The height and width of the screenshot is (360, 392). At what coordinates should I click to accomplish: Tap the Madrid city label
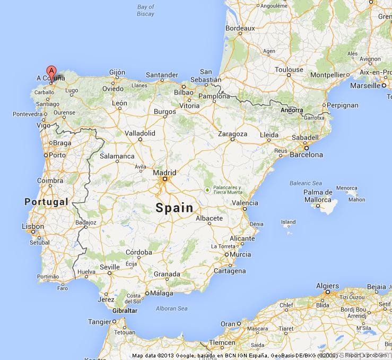(x=164, y=173)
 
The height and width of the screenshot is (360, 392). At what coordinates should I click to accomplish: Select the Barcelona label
(x=306, y=155)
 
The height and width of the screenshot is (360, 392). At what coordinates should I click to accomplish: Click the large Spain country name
(x=175, y=208)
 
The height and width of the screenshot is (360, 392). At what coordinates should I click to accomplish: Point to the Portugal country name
(x=47, y=202)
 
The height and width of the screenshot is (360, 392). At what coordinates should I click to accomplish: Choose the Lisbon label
(x=33, y=226)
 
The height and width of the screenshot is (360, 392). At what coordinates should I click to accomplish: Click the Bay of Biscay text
(x=145, y=11)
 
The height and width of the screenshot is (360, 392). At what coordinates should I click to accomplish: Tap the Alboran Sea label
(x=171, y=308)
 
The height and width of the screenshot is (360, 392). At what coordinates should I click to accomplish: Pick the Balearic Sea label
(x=306, y=183)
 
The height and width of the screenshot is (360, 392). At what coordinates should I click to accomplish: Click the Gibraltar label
(x=125, y=311)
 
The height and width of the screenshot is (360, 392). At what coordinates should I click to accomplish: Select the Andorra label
(x=292, y=110)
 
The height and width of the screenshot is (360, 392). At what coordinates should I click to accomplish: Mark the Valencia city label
(x=245, y=203)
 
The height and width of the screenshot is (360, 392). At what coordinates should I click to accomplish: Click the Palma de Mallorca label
(x=318, y=196)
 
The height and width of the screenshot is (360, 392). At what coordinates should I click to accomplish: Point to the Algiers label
(x=327, y=286)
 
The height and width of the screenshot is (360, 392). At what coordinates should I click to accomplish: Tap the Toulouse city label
(x=289, y=70)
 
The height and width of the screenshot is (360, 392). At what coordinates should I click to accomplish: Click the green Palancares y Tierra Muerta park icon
(x=207, y=190)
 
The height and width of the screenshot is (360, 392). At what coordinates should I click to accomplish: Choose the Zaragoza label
(x=232, y=134)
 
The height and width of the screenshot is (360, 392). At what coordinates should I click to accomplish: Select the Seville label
(x=110, y=267)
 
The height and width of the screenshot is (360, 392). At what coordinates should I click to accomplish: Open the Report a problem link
(x=366, y=355)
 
